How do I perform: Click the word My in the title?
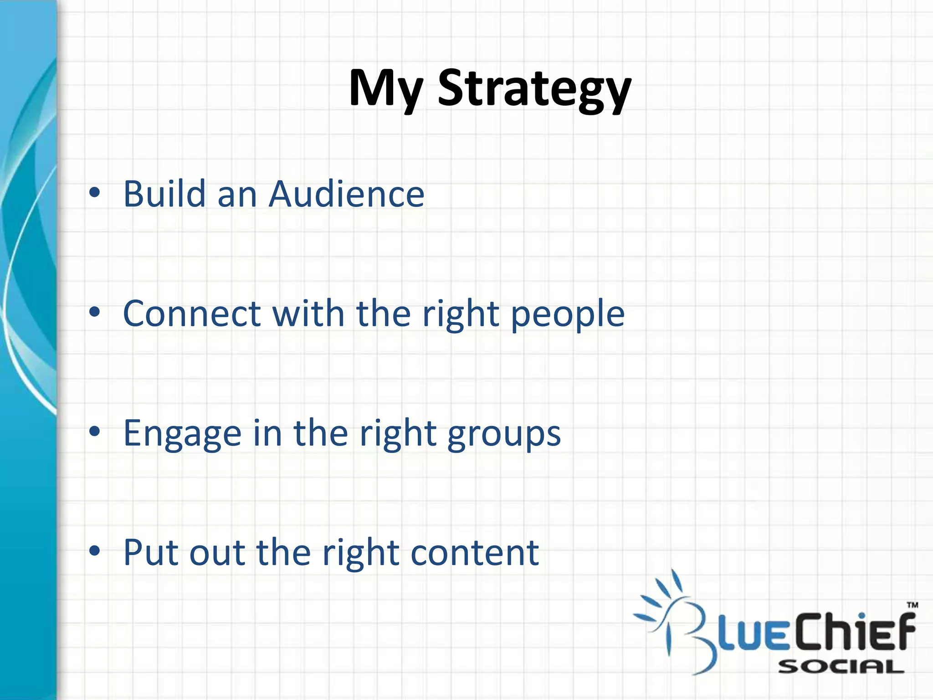tap(386, 89)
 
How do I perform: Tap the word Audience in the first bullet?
tap(346, 194)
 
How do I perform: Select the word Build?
tap(164, 194)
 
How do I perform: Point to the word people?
tap(567, 316)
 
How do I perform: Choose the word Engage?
tap(182, 434)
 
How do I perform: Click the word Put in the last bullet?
tap(150, 553)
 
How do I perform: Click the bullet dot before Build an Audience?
tap(94, 193)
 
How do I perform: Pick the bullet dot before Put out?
tap(94, 551)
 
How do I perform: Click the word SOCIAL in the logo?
tap(841, 668)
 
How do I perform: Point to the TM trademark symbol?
tap(912, 606)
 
